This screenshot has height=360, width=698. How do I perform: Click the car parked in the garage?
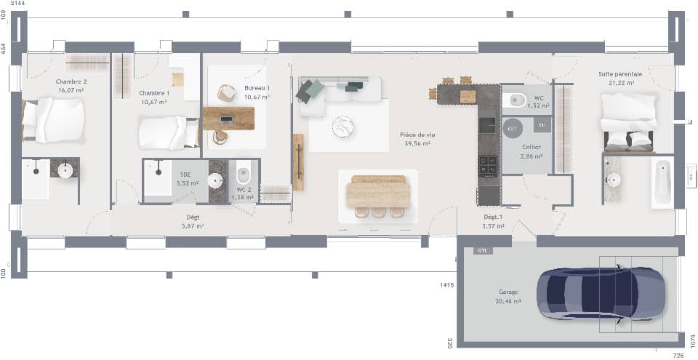pos(601,295)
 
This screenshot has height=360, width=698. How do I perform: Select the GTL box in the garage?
pos(482,251)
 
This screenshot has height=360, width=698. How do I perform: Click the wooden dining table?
pos(377,193)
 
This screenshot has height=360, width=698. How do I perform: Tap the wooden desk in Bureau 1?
pos(228,118)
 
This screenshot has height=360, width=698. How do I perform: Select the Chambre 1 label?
pos(154,97)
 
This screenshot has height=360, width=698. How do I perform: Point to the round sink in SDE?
pos(216,180)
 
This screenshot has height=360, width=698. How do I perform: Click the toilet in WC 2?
pos(244,176)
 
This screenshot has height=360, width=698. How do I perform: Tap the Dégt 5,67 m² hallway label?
pos(193,221)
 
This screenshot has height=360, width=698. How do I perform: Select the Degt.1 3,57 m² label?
pos(493,221)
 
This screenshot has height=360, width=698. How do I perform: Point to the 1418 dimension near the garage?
pos(446,284)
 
